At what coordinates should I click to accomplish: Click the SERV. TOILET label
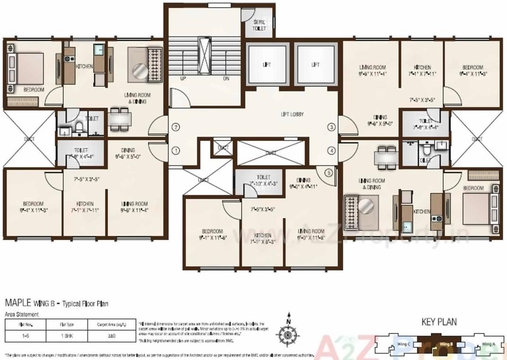259,26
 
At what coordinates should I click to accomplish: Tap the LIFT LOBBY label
292,114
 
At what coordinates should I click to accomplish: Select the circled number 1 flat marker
176,151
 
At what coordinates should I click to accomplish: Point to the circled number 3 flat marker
332,127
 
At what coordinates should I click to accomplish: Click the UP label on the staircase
182,78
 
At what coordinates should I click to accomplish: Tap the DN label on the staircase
226,78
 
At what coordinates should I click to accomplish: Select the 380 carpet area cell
112,336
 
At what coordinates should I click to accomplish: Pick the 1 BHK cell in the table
66,336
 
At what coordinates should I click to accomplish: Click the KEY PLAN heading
439,322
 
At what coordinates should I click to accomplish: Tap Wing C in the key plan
403,344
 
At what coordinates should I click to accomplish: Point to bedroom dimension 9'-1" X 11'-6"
212,235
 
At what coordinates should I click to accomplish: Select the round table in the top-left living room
139,71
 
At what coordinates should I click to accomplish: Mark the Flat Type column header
66,325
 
